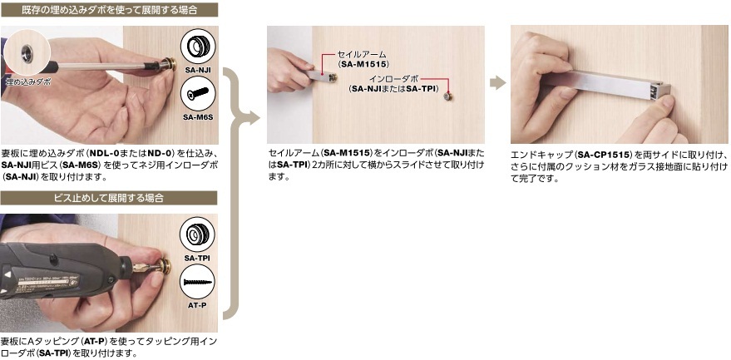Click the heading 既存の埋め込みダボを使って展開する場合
[x=109, y=9]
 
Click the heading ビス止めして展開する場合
[x=109, y=198]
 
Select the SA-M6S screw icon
[x=198, y=94]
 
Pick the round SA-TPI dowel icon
[x=197, y=234]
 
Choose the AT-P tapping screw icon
[x=197, y=281]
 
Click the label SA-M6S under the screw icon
[x=198, y=117]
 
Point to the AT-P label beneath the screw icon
[x=197, y=305]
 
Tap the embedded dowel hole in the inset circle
[x=27, y=51]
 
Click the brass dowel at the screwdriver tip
[x=168, y=64]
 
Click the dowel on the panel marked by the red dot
[x=447, y=96]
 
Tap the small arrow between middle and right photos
[x=498, y=83]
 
